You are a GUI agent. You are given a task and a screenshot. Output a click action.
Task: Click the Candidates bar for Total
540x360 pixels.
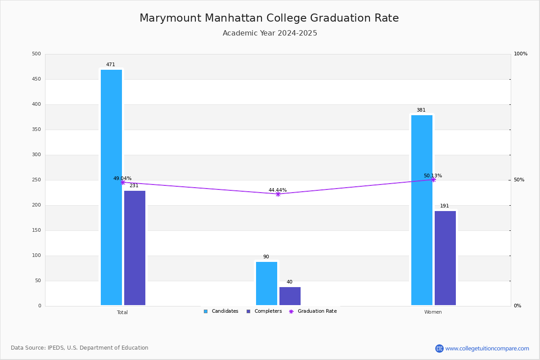[112, 187]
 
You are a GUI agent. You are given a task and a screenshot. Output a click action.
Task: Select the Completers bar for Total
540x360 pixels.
[135, 248]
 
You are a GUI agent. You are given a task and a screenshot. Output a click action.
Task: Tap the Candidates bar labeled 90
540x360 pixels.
[266, 283]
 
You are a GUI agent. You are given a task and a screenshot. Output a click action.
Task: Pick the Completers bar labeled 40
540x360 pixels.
[290, 296]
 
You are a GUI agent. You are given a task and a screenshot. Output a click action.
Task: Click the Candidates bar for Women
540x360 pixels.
[422, 210]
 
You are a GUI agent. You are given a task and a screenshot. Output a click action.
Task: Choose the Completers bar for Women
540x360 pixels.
[445, 258]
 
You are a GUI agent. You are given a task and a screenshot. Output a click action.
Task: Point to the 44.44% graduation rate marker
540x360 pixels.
[278, 194]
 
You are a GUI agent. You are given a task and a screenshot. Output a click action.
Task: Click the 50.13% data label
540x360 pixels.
[433, 175]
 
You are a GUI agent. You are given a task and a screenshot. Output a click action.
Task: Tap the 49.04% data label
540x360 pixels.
[122, 178]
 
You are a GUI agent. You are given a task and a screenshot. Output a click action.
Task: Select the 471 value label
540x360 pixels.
[111, 64]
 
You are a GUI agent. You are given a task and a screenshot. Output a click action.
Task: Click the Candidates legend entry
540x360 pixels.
[221, 311]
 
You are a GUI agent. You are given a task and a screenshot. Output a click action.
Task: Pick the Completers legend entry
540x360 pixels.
[264, 311]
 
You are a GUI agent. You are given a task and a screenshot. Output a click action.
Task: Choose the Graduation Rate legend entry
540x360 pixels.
[313, 311]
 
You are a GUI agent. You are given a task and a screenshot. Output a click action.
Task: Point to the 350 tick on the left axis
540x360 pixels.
[36, 130]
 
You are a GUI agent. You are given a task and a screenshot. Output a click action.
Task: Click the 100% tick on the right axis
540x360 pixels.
[521, 54]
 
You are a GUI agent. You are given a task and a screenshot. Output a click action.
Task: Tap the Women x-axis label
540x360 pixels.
[433, 312]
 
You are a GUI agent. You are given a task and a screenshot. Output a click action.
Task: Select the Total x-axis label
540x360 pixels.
[122, 312]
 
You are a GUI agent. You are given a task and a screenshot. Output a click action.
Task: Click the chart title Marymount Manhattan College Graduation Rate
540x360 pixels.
[269, 18]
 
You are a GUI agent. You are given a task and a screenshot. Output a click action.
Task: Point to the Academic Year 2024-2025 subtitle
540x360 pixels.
[270, 33]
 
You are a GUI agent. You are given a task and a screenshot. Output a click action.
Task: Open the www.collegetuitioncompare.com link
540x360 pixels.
[487, 348]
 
